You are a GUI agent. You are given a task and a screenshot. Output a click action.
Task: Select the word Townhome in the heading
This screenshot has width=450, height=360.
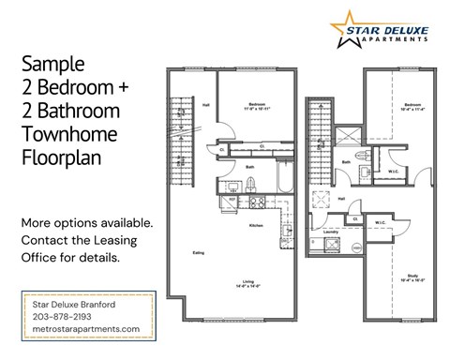point(62,133)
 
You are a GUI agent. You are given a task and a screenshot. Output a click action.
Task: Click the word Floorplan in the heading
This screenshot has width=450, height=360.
point(59,156)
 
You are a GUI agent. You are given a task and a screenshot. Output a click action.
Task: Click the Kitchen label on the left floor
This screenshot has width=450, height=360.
point(255,226)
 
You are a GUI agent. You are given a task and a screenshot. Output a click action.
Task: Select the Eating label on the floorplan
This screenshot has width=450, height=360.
point(199,252)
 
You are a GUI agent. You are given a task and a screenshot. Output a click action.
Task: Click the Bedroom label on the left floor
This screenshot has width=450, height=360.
point(259,103)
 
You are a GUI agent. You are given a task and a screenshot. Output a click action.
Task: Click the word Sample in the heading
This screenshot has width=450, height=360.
point(52,65)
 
